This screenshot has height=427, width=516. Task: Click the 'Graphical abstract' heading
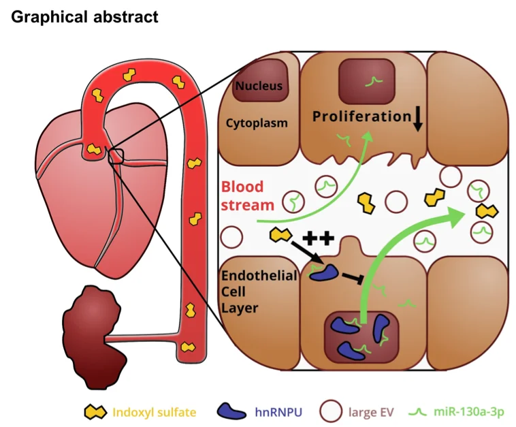[x=85, y=16]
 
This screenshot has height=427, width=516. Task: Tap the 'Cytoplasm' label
[x=257, y=123]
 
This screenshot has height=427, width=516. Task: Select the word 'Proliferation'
[x=361, y=116]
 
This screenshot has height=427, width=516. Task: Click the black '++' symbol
[x=318, y=238]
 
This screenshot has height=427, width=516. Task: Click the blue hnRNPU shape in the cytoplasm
[x=324, y=272]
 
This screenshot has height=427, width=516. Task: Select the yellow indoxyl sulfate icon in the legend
[x=94, y=411]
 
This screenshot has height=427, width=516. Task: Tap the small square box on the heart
[x=116, y=157]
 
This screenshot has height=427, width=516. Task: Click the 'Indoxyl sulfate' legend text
[x=154, y=411]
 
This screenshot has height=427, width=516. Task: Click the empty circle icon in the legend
[x=332, y=411]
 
